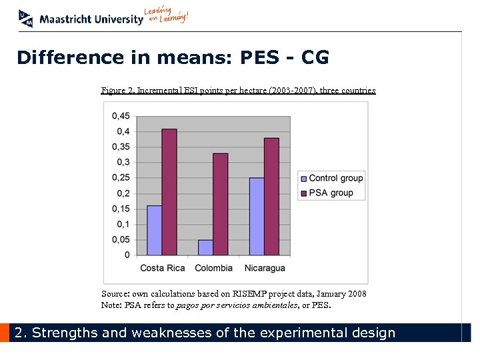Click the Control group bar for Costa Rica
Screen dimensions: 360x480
[x=155, y=231]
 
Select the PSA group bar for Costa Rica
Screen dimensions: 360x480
[x=169, y=192]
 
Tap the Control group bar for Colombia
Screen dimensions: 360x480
[x=205, y=247]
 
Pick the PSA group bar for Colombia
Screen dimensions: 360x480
[x=220, y=204]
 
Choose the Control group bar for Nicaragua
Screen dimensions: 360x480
[x=257, y=217]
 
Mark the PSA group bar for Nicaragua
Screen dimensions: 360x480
[x=271, y=197]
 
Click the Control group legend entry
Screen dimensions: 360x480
[x=331, y=178]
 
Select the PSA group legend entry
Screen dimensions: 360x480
[x=326, y=193]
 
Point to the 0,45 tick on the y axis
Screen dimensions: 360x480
[x=121, y=116]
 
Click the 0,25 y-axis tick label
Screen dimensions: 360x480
[x=121, y=178]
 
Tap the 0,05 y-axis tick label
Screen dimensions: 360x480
[x=121, y=240]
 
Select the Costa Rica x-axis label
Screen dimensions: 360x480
[x=162, y=268]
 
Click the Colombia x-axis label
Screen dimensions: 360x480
[x=213, y=268]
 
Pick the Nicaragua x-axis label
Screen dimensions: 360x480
[x=265, y=268]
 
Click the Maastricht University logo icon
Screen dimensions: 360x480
[x=25, y=18]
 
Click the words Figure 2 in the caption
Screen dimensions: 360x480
[x=117, y=91]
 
